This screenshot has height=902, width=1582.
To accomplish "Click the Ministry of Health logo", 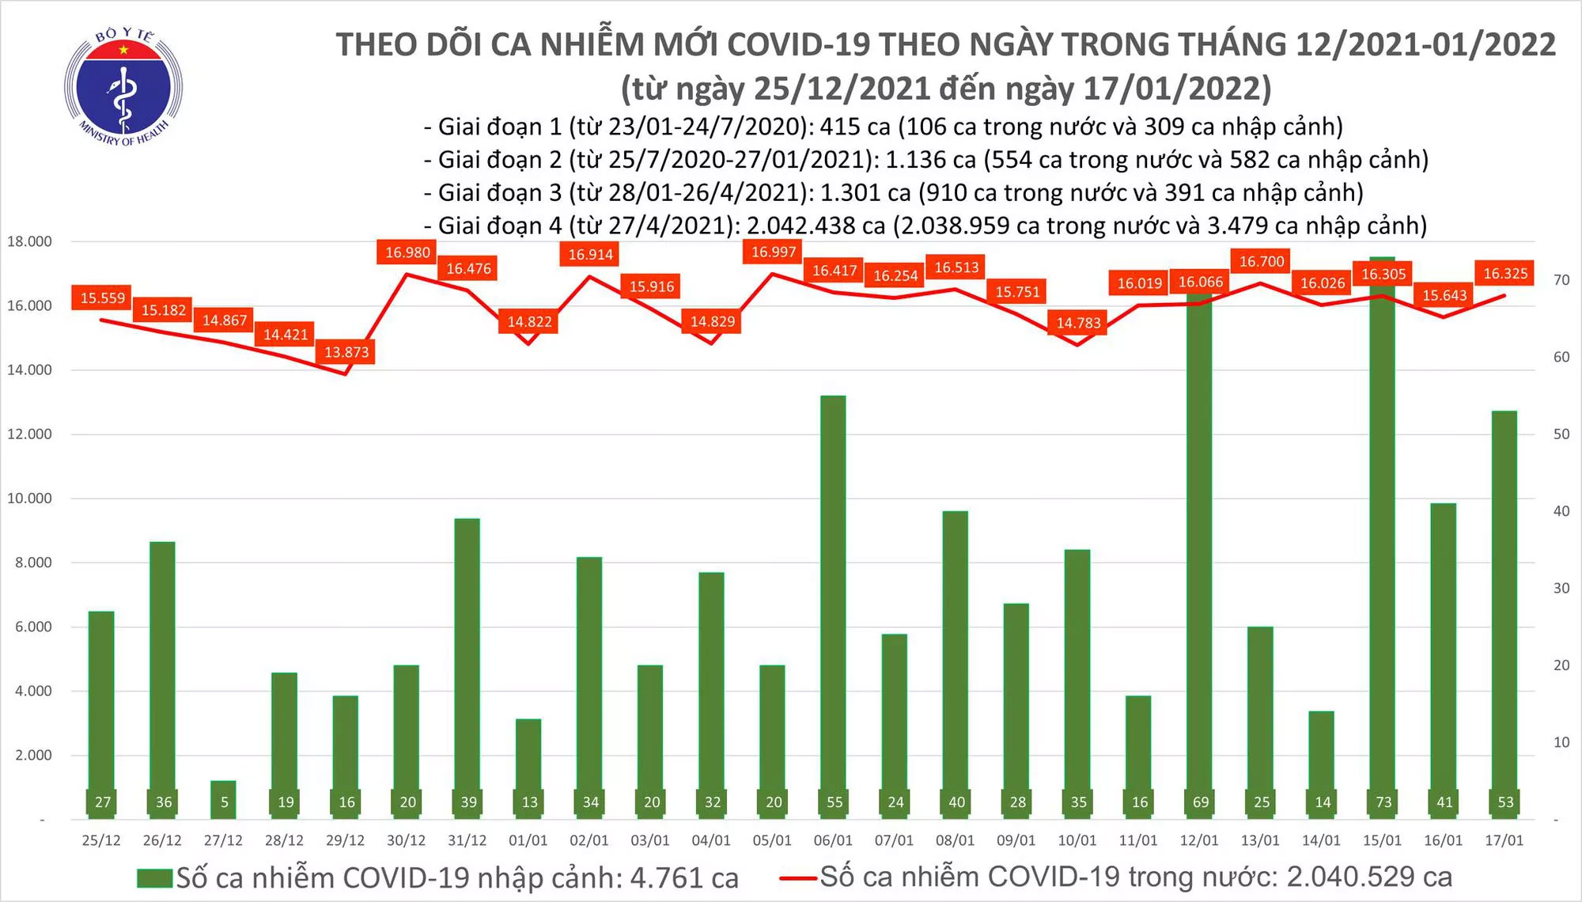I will (123, 87).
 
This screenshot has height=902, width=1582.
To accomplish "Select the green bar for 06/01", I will (833, 601).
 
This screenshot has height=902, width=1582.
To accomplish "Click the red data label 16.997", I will (774, 252).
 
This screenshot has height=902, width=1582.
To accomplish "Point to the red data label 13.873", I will (346, 352).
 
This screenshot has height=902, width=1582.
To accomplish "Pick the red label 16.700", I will (1262, 261).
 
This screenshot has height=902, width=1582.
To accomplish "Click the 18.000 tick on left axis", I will (29, 241).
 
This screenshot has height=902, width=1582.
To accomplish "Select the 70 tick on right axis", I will (1561, 280).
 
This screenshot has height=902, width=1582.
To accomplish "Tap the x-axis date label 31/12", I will (467, 840).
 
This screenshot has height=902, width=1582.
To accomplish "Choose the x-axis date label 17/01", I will (1504, 840).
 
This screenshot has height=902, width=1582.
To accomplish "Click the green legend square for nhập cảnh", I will (154, 878).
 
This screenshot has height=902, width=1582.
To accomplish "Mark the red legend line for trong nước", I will (797, 877).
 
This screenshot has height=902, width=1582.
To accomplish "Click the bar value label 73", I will (1383, 802).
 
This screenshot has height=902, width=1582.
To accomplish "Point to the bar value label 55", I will (835, 802).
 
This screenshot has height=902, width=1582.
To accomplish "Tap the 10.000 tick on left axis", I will (29, 498).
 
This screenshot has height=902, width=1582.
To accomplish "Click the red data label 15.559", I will (103, 298).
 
